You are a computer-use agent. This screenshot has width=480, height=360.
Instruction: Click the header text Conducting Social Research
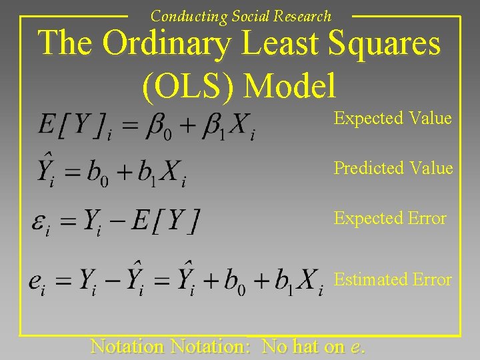tap(240, 16)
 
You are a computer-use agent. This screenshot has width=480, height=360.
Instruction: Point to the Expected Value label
tap(393, 119)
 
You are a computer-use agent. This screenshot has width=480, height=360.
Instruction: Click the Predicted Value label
tap(393, 168)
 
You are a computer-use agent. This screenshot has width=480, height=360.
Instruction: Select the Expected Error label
tap(390, 219)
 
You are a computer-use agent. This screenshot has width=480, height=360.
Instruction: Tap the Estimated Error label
tap(393, 280)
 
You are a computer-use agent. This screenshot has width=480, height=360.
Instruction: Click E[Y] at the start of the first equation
tap(71, 124)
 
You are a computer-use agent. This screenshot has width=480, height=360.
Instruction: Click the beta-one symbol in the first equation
tap(214, 125)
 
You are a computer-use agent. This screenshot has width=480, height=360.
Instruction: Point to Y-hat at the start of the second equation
tap(47, 171)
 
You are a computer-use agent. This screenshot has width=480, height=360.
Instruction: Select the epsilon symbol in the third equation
tap(40, 223)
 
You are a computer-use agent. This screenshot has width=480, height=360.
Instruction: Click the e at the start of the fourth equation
tap(37, 283)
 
